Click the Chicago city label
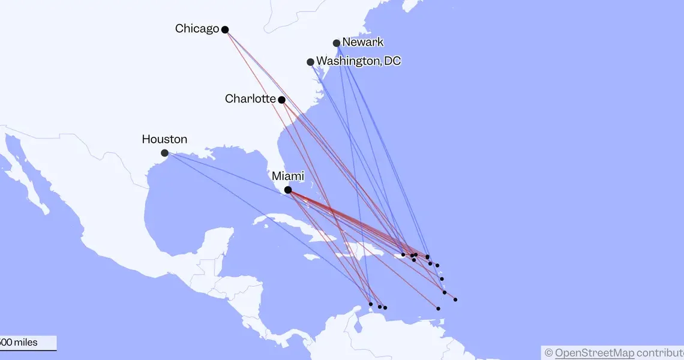click(197, 28)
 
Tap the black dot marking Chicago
click(225, 29)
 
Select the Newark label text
click(362, 42)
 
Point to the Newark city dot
click(337, 43)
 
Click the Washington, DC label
click(358, 61)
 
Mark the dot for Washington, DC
click(310, 62)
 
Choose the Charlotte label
click(250, 98)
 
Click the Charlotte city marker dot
click(281, 100)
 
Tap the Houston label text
click(164, 139)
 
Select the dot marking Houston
click(164, 153)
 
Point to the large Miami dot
click(288, 190)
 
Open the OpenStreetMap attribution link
click(594, 352)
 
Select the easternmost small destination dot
click(455, 299)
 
